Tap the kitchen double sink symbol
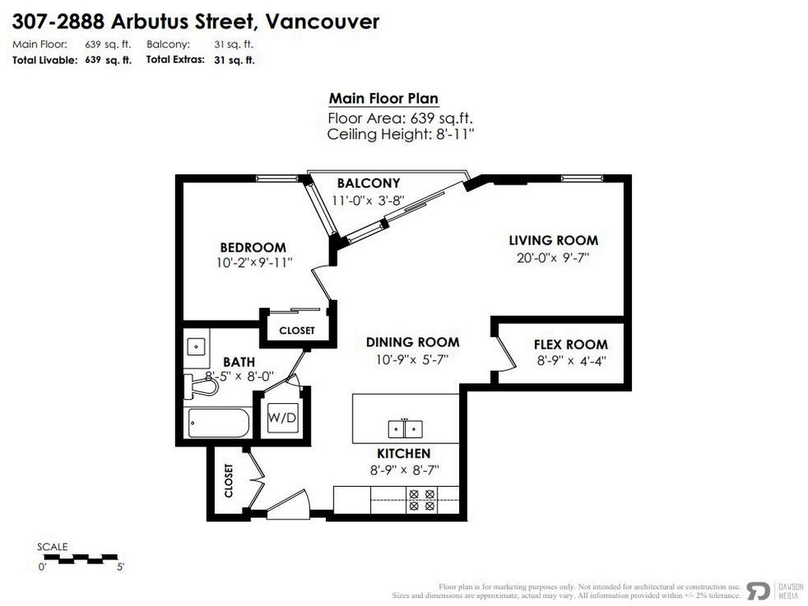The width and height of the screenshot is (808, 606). [x=405, y=428]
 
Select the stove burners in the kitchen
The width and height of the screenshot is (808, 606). [x=421, y=499]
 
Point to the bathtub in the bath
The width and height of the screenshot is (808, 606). [x=219, y=423]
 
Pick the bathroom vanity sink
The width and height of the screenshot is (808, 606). [x=196, y=346]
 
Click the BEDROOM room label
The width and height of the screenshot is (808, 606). [x=252, y=247]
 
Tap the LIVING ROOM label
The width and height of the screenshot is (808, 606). [x=553, y=240]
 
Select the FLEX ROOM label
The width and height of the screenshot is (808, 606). [x=570, y=344]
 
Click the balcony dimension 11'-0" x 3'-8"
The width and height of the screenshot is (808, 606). [x=367, y=200]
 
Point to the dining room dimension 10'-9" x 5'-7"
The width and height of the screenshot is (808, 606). [x=412, y=360]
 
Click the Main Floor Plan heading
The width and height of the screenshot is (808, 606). [x=383, y=99]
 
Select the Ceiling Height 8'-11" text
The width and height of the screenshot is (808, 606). [x=400, y=134]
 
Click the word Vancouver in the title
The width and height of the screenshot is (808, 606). [x=324, y=21]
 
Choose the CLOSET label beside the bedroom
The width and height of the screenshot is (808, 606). [x=297, y=331]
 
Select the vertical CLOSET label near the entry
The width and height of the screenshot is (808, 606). [x=229, y=480]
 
